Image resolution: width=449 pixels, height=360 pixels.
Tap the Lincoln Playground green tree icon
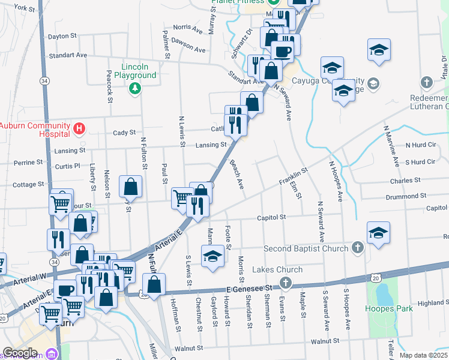tap(136, 88)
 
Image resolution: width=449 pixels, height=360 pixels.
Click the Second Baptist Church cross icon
tap(357, 247)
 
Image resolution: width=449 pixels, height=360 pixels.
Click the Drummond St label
tap(406, 196)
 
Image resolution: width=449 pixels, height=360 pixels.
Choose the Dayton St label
tap(62, 36)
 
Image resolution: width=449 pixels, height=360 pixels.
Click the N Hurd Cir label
tap(420, 145)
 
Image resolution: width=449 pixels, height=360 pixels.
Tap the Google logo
tap(20, 353)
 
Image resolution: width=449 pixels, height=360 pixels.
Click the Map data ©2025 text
tap(423, 355)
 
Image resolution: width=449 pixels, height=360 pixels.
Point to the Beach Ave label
tap(238, 176)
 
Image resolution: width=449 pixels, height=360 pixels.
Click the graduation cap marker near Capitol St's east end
tap(378, 233)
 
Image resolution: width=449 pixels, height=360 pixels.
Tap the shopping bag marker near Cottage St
tap(130, 187)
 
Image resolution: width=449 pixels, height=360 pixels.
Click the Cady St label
tap(124, 133)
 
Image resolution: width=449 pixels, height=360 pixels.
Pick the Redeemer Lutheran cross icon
tap(426, 82)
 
